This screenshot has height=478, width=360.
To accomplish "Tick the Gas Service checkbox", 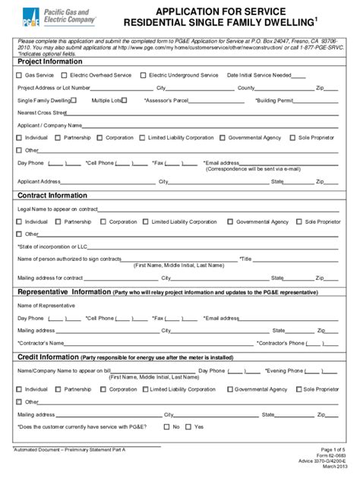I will (x=20, y=75).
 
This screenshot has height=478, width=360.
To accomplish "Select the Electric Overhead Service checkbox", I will (x=64, y=75).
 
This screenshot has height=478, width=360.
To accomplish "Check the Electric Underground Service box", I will (x=144, y=75).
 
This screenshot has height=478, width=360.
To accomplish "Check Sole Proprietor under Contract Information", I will (x=299, y=222).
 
